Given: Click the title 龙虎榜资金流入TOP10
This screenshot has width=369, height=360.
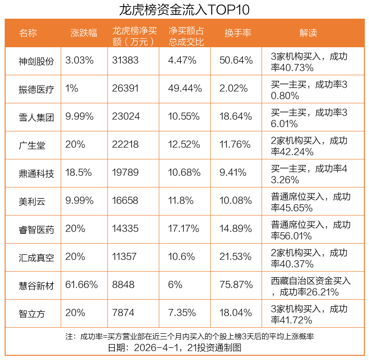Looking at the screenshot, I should [184, 10].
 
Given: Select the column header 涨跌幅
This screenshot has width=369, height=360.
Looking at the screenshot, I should [84, 33].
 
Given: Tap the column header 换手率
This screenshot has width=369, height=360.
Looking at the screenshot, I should [238, 33].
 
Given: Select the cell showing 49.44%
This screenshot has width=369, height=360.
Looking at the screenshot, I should [185, 88].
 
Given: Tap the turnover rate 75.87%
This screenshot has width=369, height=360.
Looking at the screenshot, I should [236, 285].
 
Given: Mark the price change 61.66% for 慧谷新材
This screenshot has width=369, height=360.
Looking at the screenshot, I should [82, 285].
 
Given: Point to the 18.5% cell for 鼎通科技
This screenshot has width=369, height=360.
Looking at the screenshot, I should [78, 173].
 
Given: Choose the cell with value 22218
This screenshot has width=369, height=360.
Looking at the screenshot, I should [126, 144].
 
